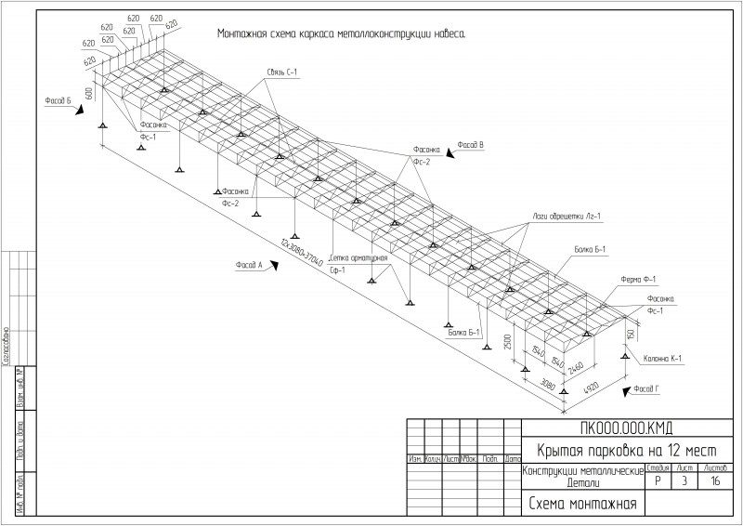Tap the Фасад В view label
pos(471,145)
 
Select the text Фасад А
pos(249,265)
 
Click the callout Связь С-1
pos(282,72)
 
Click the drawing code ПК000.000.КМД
pos(626,428)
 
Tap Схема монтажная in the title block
pos(582,504)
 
